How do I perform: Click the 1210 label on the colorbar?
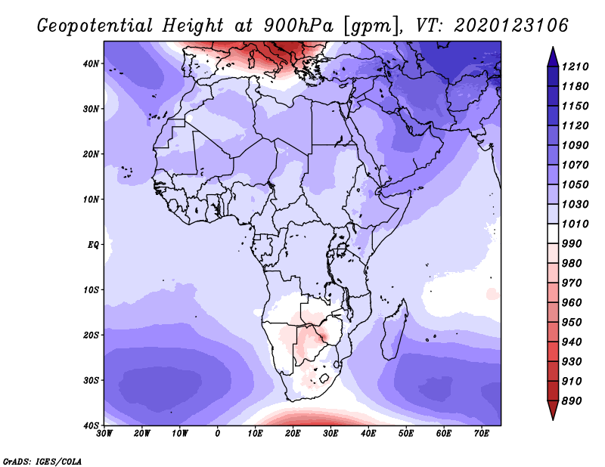575,66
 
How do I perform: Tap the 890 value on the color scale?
571,401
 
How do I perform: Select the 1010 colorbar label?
575,224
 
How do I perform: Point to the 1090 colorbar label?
575,145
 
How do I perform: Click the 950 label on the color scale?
571,323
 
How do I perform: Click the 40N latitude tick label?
91,63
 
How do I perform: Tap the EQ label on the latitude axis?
93,245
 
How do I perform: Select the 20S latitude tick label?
91,335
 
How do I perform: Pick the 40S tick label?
91,425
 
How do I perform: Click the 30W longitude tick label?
104,434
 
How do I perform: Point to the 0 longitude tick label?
218,434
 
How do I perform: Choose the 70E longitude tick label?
482,434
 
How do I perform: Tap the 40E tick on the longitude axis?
368,434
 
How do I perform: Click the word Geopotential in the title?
95,26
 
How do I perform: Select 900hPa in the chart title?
298,26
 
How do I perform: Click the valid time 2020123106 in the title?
511,26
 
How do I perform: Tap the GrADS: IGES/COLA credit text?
42,462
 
